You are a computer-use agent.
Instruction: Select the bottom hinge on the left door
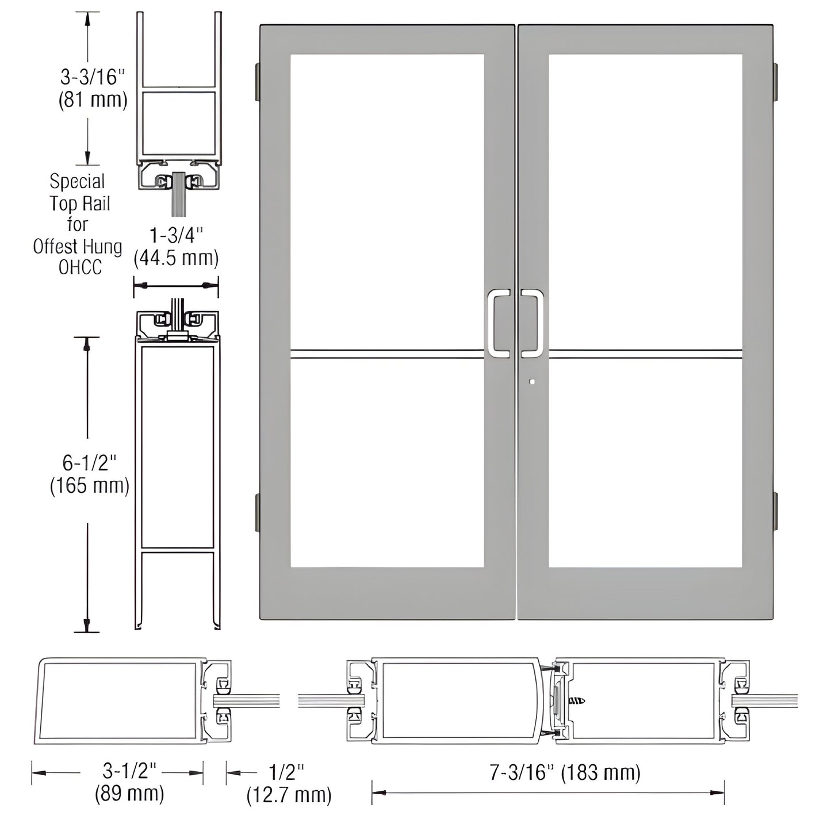(x=256, y=512)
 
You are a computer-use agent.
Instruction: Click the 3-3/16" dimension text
(x=93, y=76)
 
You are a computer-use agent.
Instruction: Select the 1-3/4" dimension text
(x=176, y=235)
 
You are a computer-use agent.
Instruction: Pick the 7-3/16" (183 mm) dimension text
(x=565, y=772)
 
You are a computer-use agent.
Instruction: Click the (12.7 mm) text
(x=289, y=795)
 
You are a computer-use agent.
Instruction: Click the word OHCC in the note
(x=80, y=267)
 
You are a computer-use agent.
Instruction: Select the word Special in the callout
(x=77, y=182)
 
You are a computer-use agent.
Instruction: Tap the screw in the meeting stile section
(x=576, y=700)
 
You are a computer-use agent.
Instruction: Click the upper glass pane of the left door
(x=386, y=201)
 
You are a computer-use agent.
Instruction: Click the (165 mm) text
(x=89, y=486)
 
